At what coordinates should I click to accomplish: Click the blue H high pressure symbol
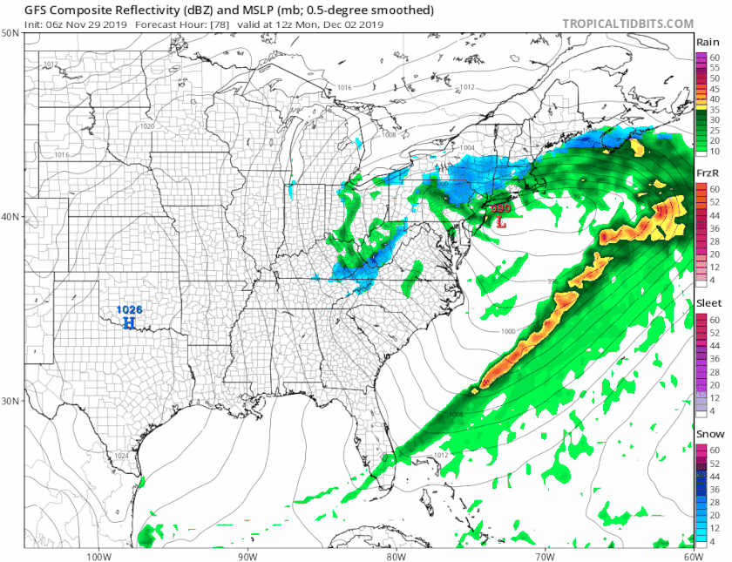[129, 323]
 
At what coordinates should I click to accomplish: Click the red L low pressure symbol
[500, 222]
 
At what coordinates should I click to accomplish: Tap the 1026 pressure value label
[129, 309]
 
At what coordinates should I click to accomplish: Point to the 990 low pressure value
[501, 209]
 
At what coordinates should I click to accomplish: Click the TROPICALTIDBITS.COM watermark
[627, 24]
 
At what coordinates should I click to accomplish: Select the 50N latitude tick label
[10, 33]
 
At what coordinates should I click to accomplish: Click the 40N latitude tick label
[10, 217]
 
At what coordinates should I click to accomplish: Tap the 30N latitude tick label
[10, 402]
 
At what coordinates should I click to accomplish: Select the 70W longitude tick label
[545, 556]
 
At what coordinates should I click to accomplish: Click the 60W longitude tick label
[694, 556]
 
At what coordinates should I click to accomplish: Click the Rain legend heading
[707, 43]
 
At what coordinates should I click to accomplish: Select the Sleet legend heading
[708, 303]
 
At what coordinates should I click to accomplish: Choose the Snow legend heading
[708, 434]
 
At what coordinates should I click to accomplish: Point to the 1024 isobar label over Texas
[123, 456]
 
